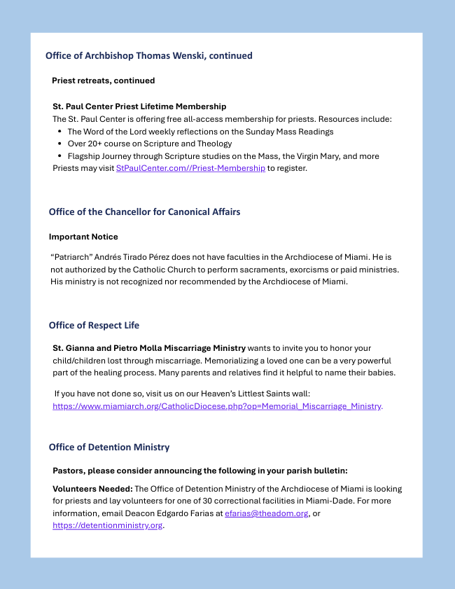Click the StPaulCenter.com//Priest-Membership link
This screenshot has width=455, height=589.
tap(190, 168)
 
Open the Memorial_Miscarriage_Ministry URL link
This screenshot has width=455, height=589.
tap(217, 406)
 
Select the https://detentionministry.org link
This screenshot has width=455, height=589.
tap(107, 525)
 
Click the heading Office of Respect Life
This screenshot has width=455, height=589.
tap(94, 325)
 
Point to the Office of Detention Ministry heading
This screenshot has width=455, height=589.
tap(109, 447)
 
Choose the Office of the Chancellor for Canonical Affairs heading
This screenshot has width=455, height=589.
tap(145, 212)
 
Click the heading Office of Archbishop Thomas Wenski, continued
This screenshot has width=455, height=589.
tap(149, 55)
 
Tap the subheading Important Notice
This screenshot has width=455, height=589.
tap(83, 237)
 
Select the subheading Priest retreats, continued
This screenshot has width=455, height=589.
tap(104, 81)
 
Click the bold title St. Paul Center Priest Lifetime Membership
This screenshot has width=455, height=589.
tap(139, 106)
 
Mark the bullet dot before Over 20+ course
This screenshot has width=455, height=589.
tap(59, 144)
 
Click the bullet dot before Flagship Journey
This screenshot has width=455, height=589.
tap(59, 156)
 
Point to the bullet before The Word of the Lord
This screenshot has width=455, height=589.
tap(59, 132)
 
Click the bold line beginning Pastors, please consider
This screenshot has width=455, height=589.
tap(199, 470)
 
